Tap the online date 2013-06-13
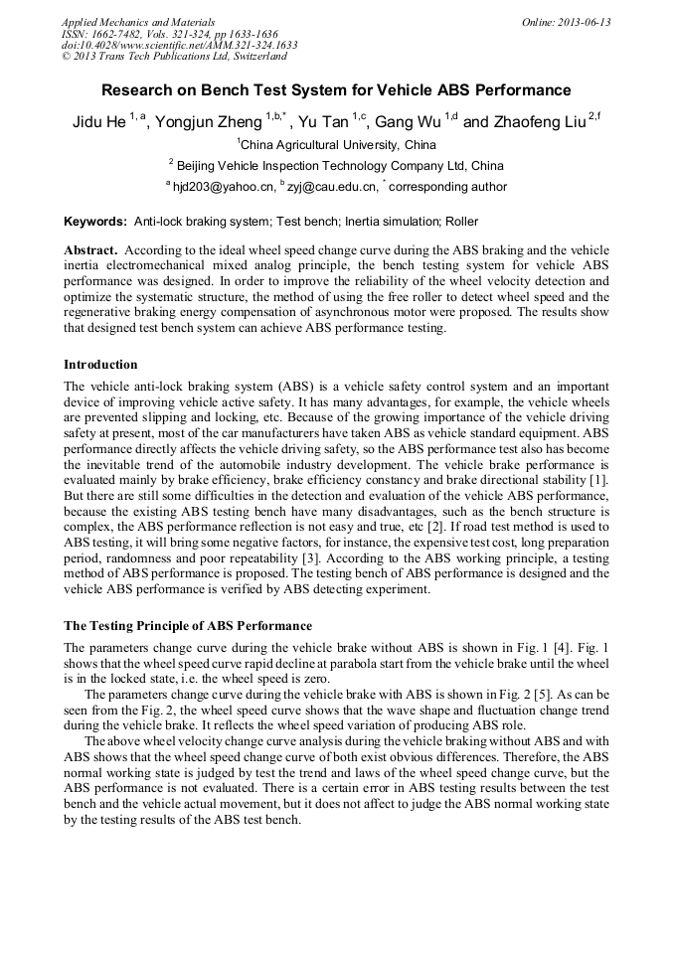click(x=574, y=22)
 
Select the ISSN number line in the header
click(x=169, y=34)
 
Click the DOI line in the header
click(x=179, y=45)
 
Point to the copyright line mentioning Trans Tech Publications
click(x=174, y=57)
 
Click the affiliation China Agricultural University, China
click(x=338, y=145)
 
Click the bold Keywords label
click(x=95, y=221)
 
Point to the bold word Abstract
click(x=90, y=250)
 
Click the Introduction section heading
click(x=100, y=365)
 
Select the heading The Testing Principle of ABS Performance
click(x=188, y=626)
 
